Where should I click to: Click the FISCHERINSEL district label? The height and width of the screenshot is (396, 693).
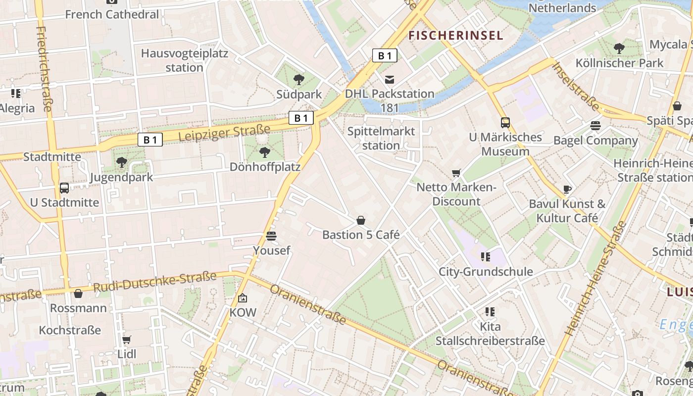click(455, 35)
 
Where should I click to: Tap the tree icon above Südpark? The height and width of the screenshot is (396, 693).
click(298, 79)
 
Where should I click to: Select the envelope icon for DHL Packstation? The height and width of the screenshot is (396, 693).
click(390, 79)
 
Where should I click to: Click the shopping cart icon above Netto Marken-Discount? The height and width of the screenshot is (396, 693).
click(456, 173)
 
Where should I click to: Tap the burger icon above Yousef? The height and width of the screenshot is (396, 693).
click(271, 236)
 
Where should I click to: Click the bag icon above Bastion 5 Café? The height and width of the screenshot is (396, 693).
click(361, 220)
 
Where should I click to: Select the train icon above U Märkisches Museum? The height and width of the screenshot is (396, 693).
click(505, 122)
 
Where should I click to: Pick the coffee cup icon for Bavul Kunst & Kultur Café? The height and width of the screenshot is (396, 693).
click(567, 189)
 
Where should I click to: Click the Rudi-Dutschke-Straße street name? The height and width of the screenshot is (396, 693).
click(155, 282)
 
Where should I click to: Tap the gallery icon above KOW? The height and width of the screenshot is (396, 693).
click(243, 298)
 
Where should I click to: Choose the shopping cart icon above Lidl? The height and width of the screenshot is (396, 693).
click(127, 340)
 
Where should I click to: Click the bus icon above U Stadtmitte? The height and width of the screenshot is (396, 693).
click(64, 188)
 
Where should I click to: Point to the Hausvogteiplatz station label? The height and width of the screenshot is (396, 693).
click(184, 60)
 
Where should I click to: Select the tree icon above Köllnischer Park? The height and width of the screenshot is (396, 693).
click(619, 48)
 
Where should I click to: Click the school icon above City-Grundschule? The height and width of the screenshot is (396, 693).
click(486, 256)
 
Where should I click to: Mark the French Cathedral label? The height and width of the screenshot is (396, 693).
click(112, 14)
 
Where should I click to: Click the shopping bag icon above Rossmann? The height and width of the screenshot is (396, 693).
click(78, 294)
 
